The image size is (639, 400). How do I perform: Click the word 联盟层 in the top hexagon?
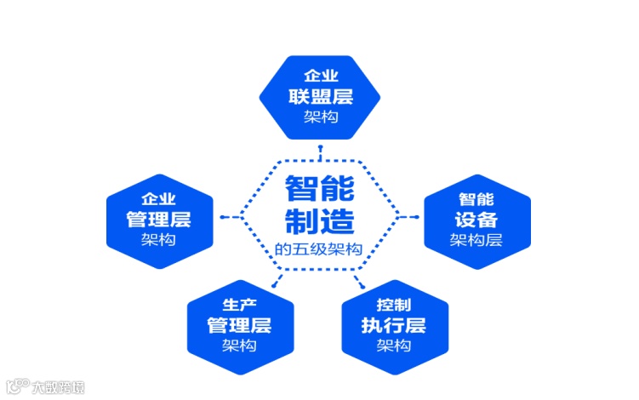pyautogui.click(x=320, y=94)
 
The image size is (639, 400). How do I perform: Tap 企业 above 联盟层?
pyautogui.click(x=320, y=73)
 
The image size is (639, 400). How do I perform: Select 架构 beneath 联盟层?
pyautogui.click(x=320, y=115)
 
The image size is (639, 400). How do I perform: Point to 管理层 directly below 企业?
pyautogui.click(x=158, y=219)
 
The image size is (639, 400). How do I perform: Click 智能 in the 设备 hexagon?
pyautogui.click(x=476, y=197)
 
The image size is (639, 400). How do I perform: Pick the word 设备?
pyautogui.click(x=476, y=219)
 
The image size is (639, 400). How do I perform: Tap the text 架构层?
pyautogui.click(x=476, y=240)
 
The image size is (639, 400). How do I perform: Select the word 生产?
pyautogui.click(x=239, y=304)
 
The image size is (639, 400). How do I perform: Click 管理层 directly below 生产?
pyautogui.click(x=239, y=324)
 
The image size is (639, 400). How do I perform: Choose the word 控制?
pyautogui.click(x=394, y=304)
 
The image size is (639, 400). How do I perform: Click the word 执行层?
pyautogui.click(x=394, y=324)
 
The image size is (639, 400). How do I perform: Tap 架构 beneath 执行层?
pyautogui.click(x=394, y=346)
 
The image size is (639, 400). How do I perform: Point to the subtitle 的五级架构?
pyautogui.click(x=319, y=249)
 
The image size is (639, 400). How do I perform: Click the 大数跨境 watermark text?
pyautogui.click(x=59, y=387)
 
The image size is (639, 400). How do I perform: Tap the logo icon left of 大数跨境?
pyautogui.click(x=16, y=386)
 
